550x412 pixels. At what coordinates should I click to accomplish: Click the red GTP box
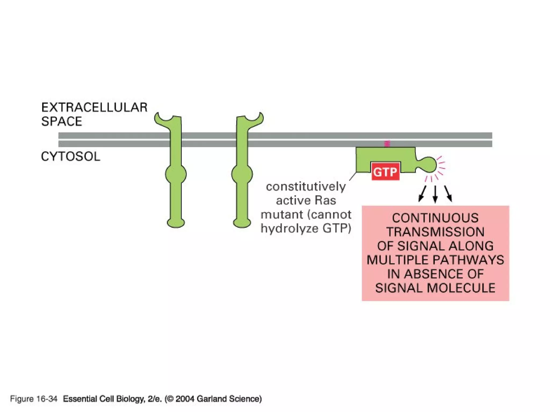point(386,171)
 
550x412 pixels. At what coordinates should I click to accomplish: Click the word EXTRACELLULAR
point(94,107)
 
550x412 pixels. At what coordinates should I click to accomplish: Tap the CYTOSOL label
point(70,156)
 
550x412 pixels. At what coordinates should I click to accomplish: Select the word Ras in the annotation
point(325,200)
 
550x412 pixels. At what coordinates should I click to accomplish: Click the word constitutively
point(306,186)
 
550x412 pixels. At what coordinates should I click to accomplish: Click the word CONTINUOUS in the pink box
point(435,218)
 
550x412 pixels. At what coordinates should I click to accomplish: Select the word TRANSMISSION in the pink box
point(435,232)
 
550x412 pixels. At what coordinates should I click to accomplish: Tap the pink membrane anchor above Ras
point(387,144)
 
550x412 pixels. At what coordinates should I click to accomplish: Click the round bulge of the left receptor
point(176,174)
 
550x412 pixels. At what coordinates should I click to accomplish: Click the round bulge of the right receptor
point(242,174)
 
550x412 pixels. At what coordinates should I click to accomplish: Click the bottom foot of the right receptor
point(242,223)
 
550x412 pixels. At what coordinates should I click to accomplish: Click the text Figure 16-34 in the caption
point(34,399)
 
